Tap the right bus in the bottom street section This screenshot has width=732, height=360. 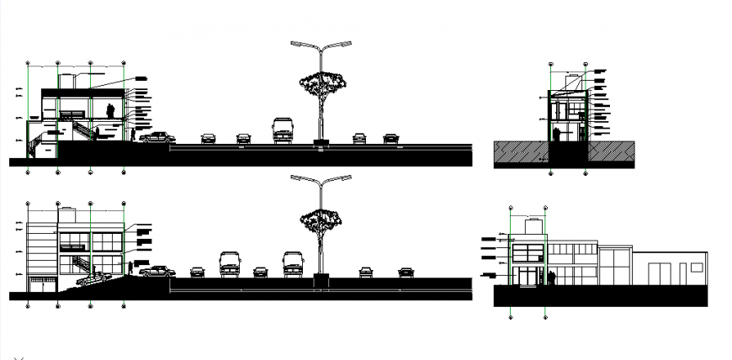[292, 263]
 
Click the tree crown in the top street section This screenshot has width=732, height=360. [322, 82]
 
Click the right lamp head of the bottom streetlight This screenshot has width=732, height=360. [345, 177]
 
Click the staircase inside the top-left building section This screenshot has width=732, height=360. [82, 130]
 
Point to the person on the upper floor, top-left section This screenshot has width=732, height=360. [110, 111]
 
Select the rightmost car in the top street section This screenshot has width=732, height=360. [390, 138]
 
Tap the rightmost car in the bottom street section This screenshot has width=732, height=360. [406, 272]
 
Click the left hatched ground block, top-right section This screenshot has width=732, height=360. [521, 152]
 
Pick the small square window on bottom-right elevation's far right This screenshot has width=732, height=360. [697, 267]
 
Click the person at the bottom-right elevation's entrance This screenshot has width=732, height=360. [552, 278]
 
